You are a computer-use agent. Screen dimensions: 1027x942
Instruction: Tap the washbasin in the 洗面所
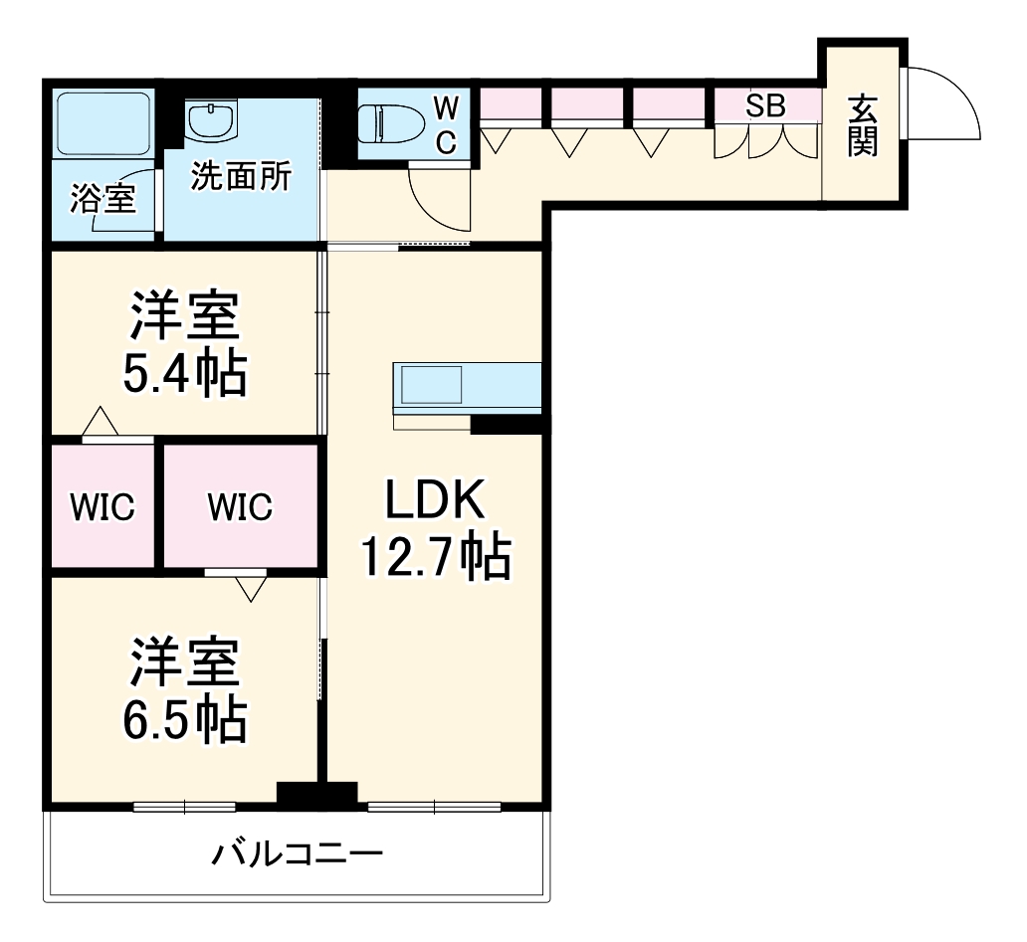click(x=212, y=121)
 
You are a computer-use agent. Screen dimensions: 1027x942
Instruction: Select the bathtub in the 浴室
click(x=104, y=123)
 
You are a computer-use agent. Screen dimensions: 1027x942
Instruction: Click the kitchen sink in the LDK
click(x=431, y=385)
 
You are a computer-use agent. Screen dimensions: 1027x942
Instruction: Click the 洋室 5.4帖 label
click(x=185, y=343)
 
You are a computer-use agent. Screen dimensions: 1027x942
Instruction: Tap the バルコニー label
click(x=297, y=853)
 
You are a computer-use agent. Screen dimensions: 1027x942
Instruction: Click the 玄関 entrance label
click(x=863, y=125)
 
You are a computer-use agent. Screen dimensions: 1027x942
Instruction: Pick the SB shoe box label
click(x=765, y=105)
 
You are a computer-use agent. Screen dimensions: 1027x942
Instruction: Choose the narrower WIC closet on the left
click(x=103, y=506)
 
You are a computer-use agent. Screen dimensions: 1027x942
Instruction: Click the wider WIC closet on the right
click(x=241, y=506)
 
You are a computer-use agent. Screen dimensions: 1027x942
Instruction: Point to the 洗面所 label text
click(x=241, y=177)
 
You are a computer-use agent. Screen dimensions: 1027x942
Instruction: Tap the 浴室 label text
click(x=103, y=198)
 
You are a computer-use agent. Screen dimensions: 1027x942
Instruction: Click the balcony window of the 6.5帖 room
click(x=185, y=807)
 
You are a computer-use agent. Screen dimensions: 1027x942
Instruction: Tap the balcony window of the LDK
click(x=434, y=807)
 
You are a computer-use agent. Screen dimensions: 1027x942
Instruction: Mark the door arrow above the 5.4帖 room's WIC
click(x=101, y=421)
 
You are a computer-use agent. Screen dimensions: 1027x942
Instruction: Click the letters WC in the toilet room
click(x=446, y=123)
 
